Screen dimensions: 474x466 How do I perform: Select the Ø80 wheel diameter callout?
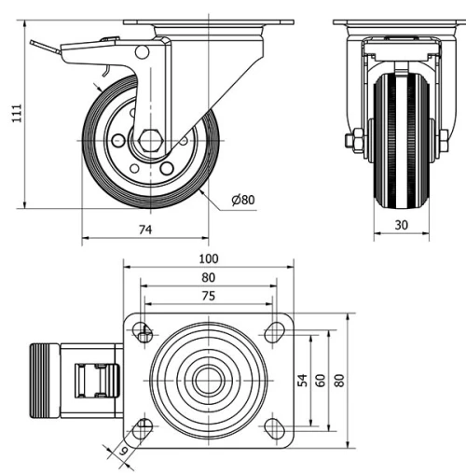click(x=242, y=200)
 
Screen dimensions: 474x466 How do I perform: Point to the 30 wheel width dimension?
click(x=402, y=225)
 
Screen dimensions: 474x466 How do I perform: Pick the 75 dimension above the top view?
click(x=208, y=296)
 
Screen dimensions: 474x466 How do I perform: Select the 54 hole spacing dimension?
click(x=302, y=381)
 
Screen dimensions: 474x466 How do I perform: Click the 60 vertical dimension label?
click(x=321, y=381)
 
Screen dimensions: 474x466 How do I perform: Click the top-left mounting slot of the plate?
click(x=143, y=331)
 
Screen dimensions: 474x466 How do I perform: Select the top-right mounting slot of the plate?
click(x=274, y=331)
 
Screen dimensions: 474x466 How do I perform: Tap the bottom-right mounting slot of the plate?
click(x=274, y=428)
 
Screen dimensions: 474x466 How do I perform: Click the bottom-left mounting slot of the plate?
click(x=143, y=428)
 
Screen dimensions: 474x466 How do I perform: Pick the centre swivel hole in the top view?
click(x=208, y=380)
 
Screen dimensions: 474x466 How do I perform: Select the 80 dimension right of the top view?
click(x=340, y=381)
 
